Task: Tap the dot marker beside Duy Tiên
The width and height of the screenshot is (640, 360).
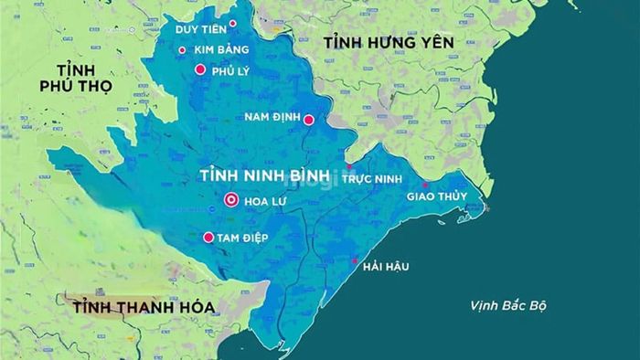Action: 232,24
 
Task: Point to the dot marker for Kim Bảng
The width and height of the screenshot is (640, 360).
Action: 182,50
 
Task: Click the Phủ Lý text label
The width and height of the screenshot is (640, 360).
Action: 229,70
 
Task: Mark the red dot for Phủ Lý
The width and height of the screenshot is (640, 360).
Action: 200,69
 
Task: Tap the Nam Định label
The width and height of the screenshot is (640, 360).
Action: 272,117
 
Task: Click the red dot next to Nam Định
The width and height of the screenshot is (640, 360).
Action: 309,120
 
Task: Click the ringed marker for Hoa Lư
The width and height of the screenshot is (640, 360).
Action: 230,201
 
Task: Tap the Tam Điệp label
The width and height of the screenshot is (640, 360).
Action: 243,238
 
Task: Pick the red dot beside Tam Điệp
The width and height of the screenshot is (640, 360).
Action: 208,238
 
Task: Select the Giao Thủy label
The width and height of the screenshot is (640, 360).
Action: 436,196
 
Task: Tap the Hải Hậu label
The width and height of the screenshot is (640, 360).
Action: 385,267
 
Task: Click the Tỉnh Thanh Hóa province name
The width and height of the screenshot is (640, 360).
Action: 141,308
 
